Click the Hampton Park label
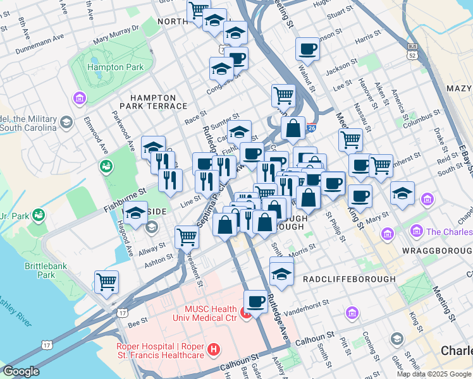115,67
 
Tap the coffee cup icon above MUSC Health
255,300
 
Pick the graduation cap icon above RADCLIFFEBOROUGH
281,274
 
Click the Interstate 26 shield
310,127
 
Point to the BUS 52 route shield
413,51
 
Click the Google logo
21,371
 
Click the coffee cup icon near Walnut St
307,48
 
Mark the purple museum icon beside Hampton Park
80,98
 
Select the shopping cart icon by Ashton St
187,237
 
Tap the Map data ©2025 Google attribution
434,373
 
